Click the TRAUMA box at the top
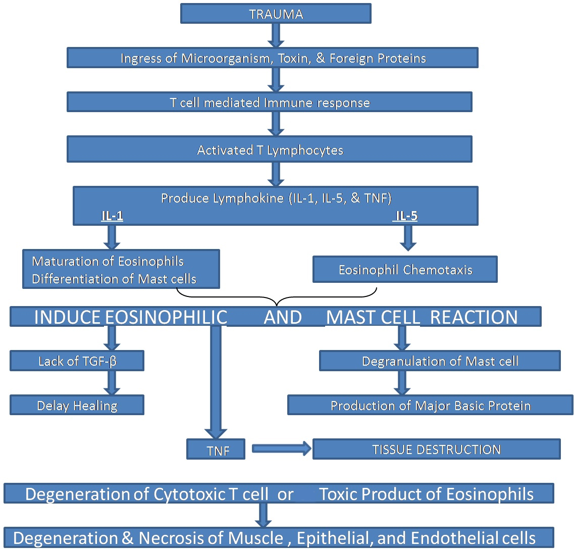(276, 14)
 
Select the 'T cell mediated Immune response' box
(270, 103)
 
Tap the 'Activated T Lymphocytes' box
(270, 149)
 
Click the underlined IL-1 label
(112, 216)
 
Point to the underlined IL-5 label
(406, 216)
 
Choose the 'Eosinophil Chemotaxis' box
(405, 269)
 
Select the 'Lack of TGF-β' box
(77, 361)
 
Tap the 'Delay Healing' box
(77, 406)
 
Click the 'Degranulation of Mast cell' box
(440, 361)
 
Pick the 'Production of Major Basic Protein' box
(430, 406)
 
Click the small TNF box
(216, 450)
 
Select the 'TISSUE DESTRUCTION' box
(436, 449)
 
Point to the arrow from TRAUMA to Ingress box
(276, 35)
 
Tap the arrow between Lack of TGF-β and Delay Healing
(112, 383)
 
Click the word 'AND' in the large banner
(283, 317)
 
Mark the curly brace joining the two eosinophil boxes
(276, 298)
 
